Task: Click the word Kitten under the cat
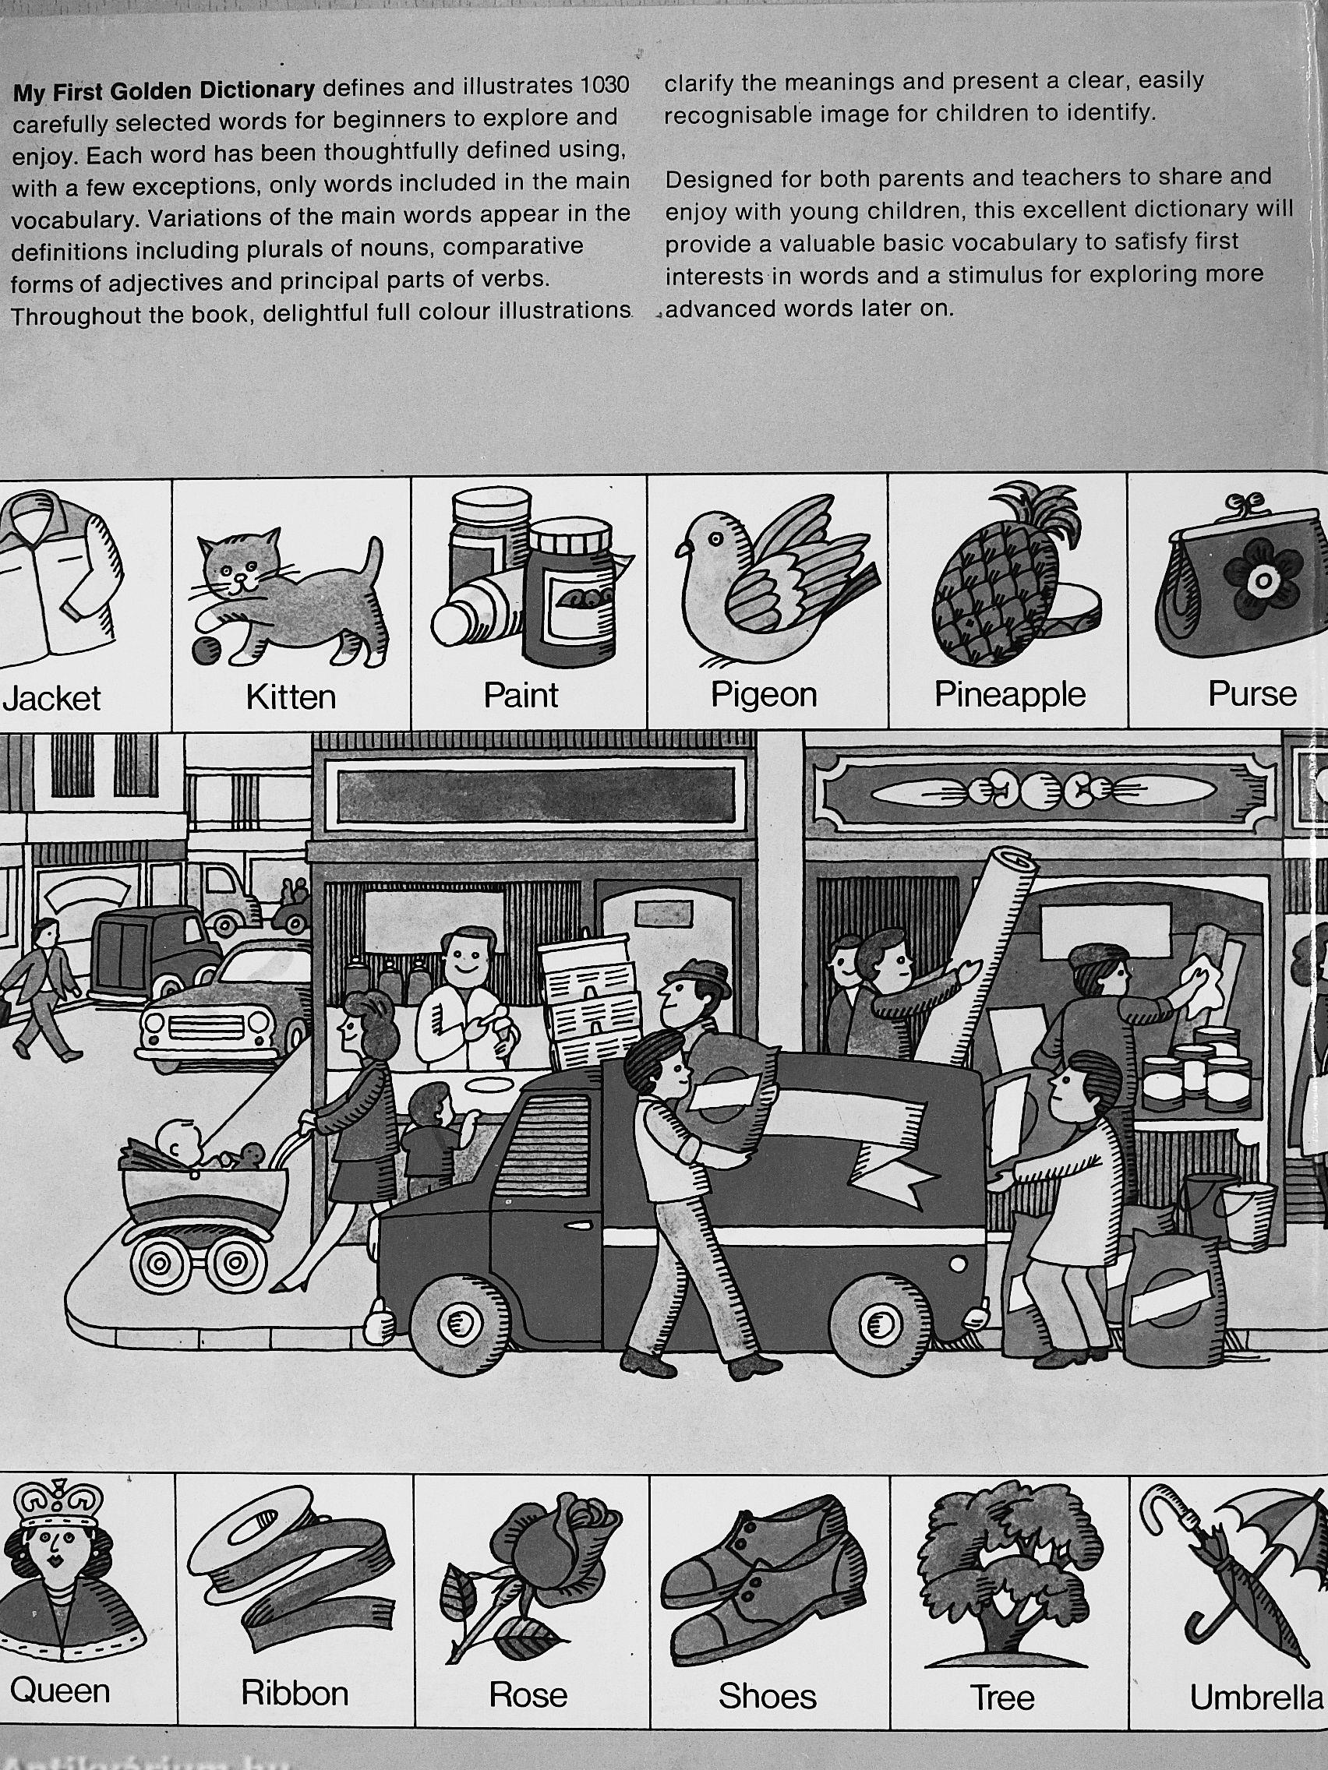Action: (x=291, y=697)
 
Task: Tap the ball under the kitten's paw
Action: (x=207, y=651)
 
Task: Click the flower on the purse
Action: (x=1262, y=581)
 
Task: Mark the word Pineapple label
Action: (x=1009, y=696)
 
